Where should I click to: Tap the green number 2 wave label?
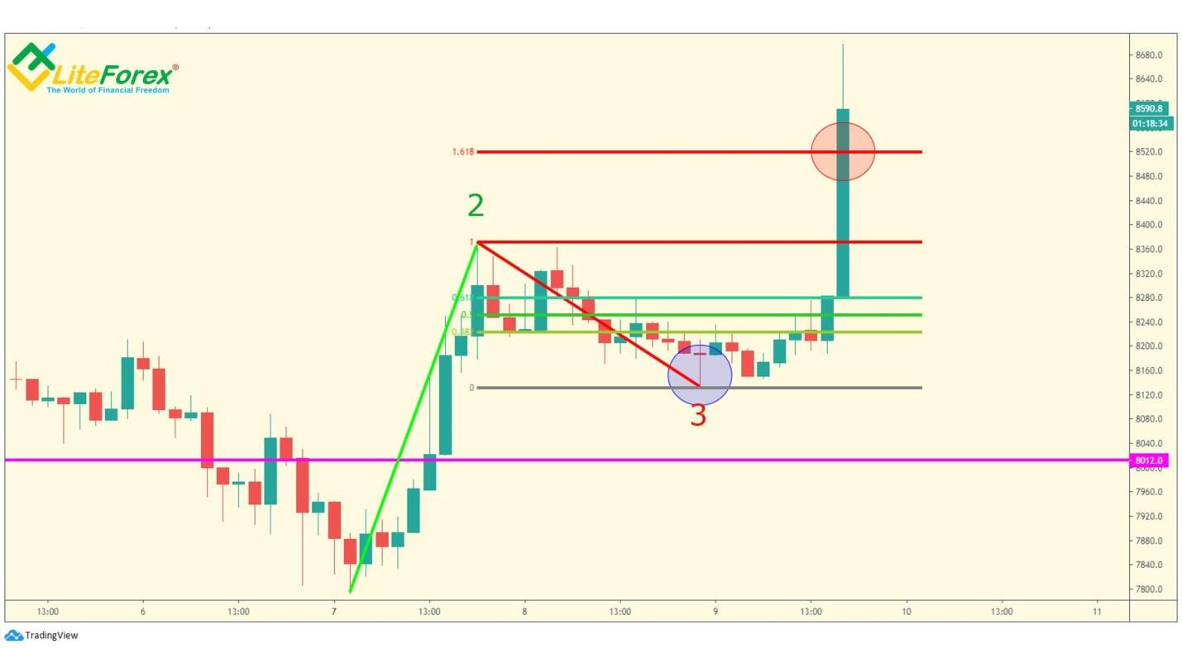476,206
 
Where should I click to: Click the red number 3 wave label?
698,416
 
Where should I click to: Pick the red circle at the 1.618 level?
843,151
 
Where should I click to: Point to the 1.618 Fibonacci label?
463,152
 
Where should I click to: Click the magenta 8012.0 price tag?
1149,461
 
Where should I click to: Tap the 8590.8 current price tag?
1149,108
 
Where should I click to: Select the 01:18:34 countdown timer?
1151,124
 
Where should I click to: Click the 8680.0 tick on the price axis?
1150,55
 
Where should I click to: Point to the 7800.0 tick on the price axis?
1150,589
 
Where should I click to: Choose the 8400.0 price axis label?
1150,225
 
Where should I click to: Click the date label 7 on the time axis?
333,612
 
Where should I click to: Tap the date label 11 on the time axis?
1097,612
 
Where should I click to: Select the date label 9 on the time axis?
715,612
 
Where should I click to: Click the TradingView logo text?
50,636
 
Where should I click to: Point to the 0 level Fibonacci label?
471,388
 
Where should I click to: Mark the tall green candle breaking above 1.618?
843,203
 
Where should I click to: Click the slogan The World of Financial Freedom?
108,90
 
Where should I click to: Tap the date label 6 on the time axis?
143,612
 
